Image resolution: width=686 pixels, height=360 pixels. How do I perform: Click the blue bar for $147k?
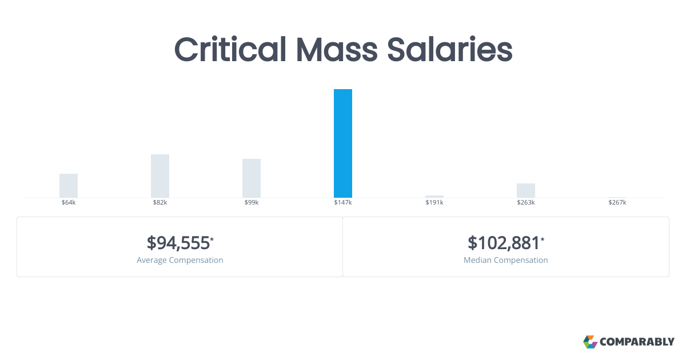(343, 143)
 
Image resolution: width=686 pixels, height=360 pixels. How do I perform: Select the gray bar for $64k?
(69, 186)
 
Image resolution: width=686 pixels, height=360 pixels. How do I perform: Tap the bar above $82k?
(160, 176)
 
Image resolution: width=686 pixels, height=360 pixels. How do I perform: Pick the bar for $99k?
(252, 178)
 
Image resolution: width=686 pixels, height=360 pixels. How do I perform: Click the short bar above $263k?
(526, 190)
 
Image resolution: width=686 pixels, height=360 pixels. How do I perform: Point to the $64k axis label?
(69, 203)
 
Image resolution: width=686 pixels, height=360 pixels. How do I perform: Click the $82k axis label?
(160, 203)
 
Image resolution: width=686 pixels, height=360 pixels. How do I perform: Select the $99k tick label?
(252, 203)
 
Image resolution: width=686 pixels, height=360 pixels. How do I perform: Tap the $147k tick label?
(343, 203)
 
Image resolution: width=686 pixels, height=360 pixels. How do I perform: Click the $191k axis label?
(434, 203)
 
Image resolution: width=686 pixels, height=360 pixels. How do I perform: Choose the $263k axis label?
(526, 203)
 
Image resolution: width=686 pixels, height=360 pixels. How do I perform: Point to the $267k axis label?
(617, 203)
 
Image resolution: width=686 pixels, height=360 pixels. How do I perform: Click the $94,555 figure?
(178, 243)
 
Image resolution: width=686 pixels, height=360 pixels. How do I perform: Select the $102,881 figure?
(504, 243)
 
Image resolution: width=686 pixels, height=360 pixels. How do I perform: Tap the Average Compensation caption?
(180, 260)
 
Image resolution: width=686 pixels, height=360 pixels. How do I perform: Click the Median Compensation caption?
(506, 260)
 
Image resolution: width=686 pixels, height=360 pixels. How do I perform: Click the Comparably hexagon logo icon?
(590, 342)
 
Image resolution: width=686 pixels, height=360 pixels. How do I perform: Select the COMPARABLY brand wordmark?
(637, 342)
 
